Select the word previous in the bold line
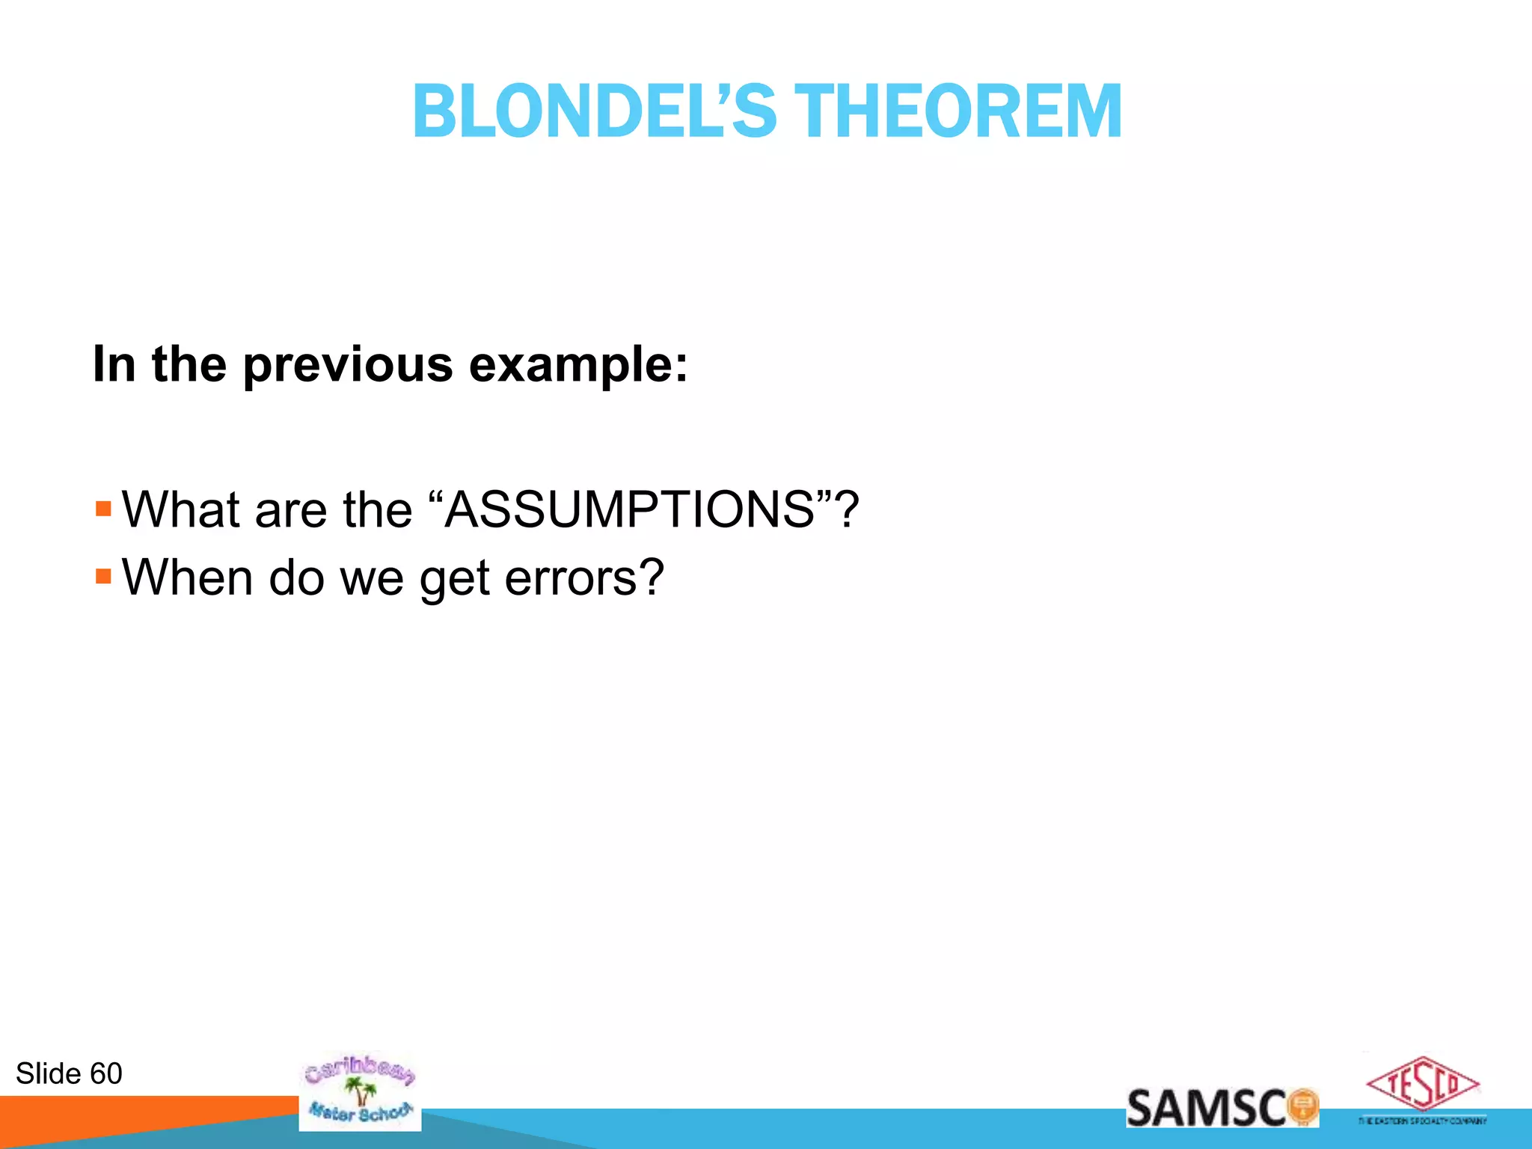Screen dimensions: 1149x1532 pyautogui.click(x=348, y=365)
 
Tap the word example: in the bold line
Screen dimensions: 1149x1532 pyautogui.click(x=578, y=365)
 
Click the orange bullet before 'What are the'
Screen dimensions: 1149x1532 pyautogui.click(x=103, y=509)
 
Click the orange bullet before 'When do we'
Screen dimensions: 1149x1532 pyautogui.click(x=103, y=577)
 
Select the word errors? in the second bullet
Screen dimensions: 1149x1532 pyautogui.click(x=584, y=578)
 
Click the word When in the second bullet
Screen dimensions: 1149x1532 pyautogui.click(x=187, y=578)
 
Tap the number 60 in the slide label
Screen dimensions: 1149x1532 pyautogui.click(x=105, y=1073)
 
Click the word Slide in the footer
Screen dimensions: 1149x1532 pyautogui.click(x=48, y=1073)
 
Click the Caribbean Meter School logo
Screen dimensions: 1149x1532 pyautogui.click(x=359, y=1092)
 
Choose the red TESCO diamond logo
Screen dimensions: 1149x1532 pyautogui.click(x=1422, y=1084)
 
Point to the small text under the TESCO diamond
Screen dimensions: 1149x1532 pyautogui.click(x=1422, y=1121)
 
